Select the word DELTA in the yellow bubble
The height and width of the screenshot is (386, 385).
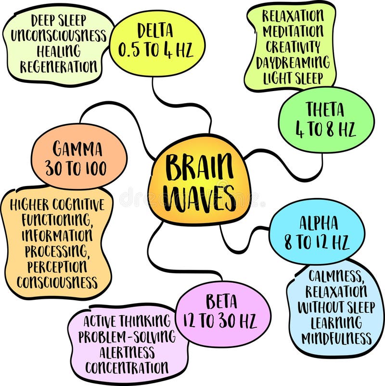tap(156, 31)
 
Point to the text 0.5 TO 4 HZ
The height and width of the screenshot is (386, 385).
tap(156, 50)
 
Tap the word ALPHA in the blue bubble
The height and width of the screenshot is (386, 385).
tap(318, 223)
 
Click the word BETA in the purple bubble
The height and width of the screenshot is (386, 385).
tap(221, 302)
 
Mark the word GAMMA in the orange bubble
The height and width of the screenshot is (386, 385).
tap(78, 149)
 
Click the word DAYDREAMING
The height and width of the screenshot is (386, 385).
tap(293, 63)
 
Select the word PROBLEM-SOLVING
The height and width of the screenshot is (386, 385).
tap(127, 336)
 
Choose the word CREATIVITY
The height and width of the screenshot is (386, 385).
tap(292, 47)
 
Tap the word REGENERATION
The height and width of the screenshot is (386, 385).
tap(59, 67)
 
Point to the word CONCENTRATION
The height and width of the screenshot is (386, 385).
tap(127, 367)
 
